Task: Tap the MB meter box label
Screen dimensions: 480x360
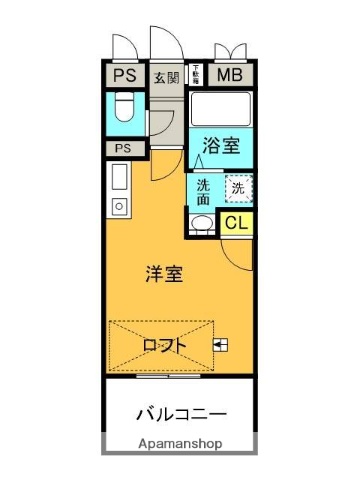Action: click(230, 75)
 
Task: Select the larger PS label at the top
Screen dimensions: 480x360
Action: click(124, 75)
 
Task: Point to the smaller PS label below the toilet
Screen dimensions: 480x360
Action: click(122, 149)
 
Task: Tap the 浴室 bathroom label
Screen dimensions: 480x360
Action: click(220, 146)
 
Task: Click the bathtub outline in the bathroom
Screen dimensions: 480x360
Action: click(220, 110)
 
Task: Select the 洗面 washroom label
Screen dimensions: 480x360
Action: click(203, 190)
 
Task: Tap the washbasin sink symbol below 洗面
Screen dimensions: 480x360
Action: click(201, 224)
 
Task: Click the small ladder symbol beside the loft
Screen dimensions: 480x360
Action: click(220, 346)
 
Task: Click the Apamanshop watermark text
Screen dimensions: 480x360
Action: click(180, 443)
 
